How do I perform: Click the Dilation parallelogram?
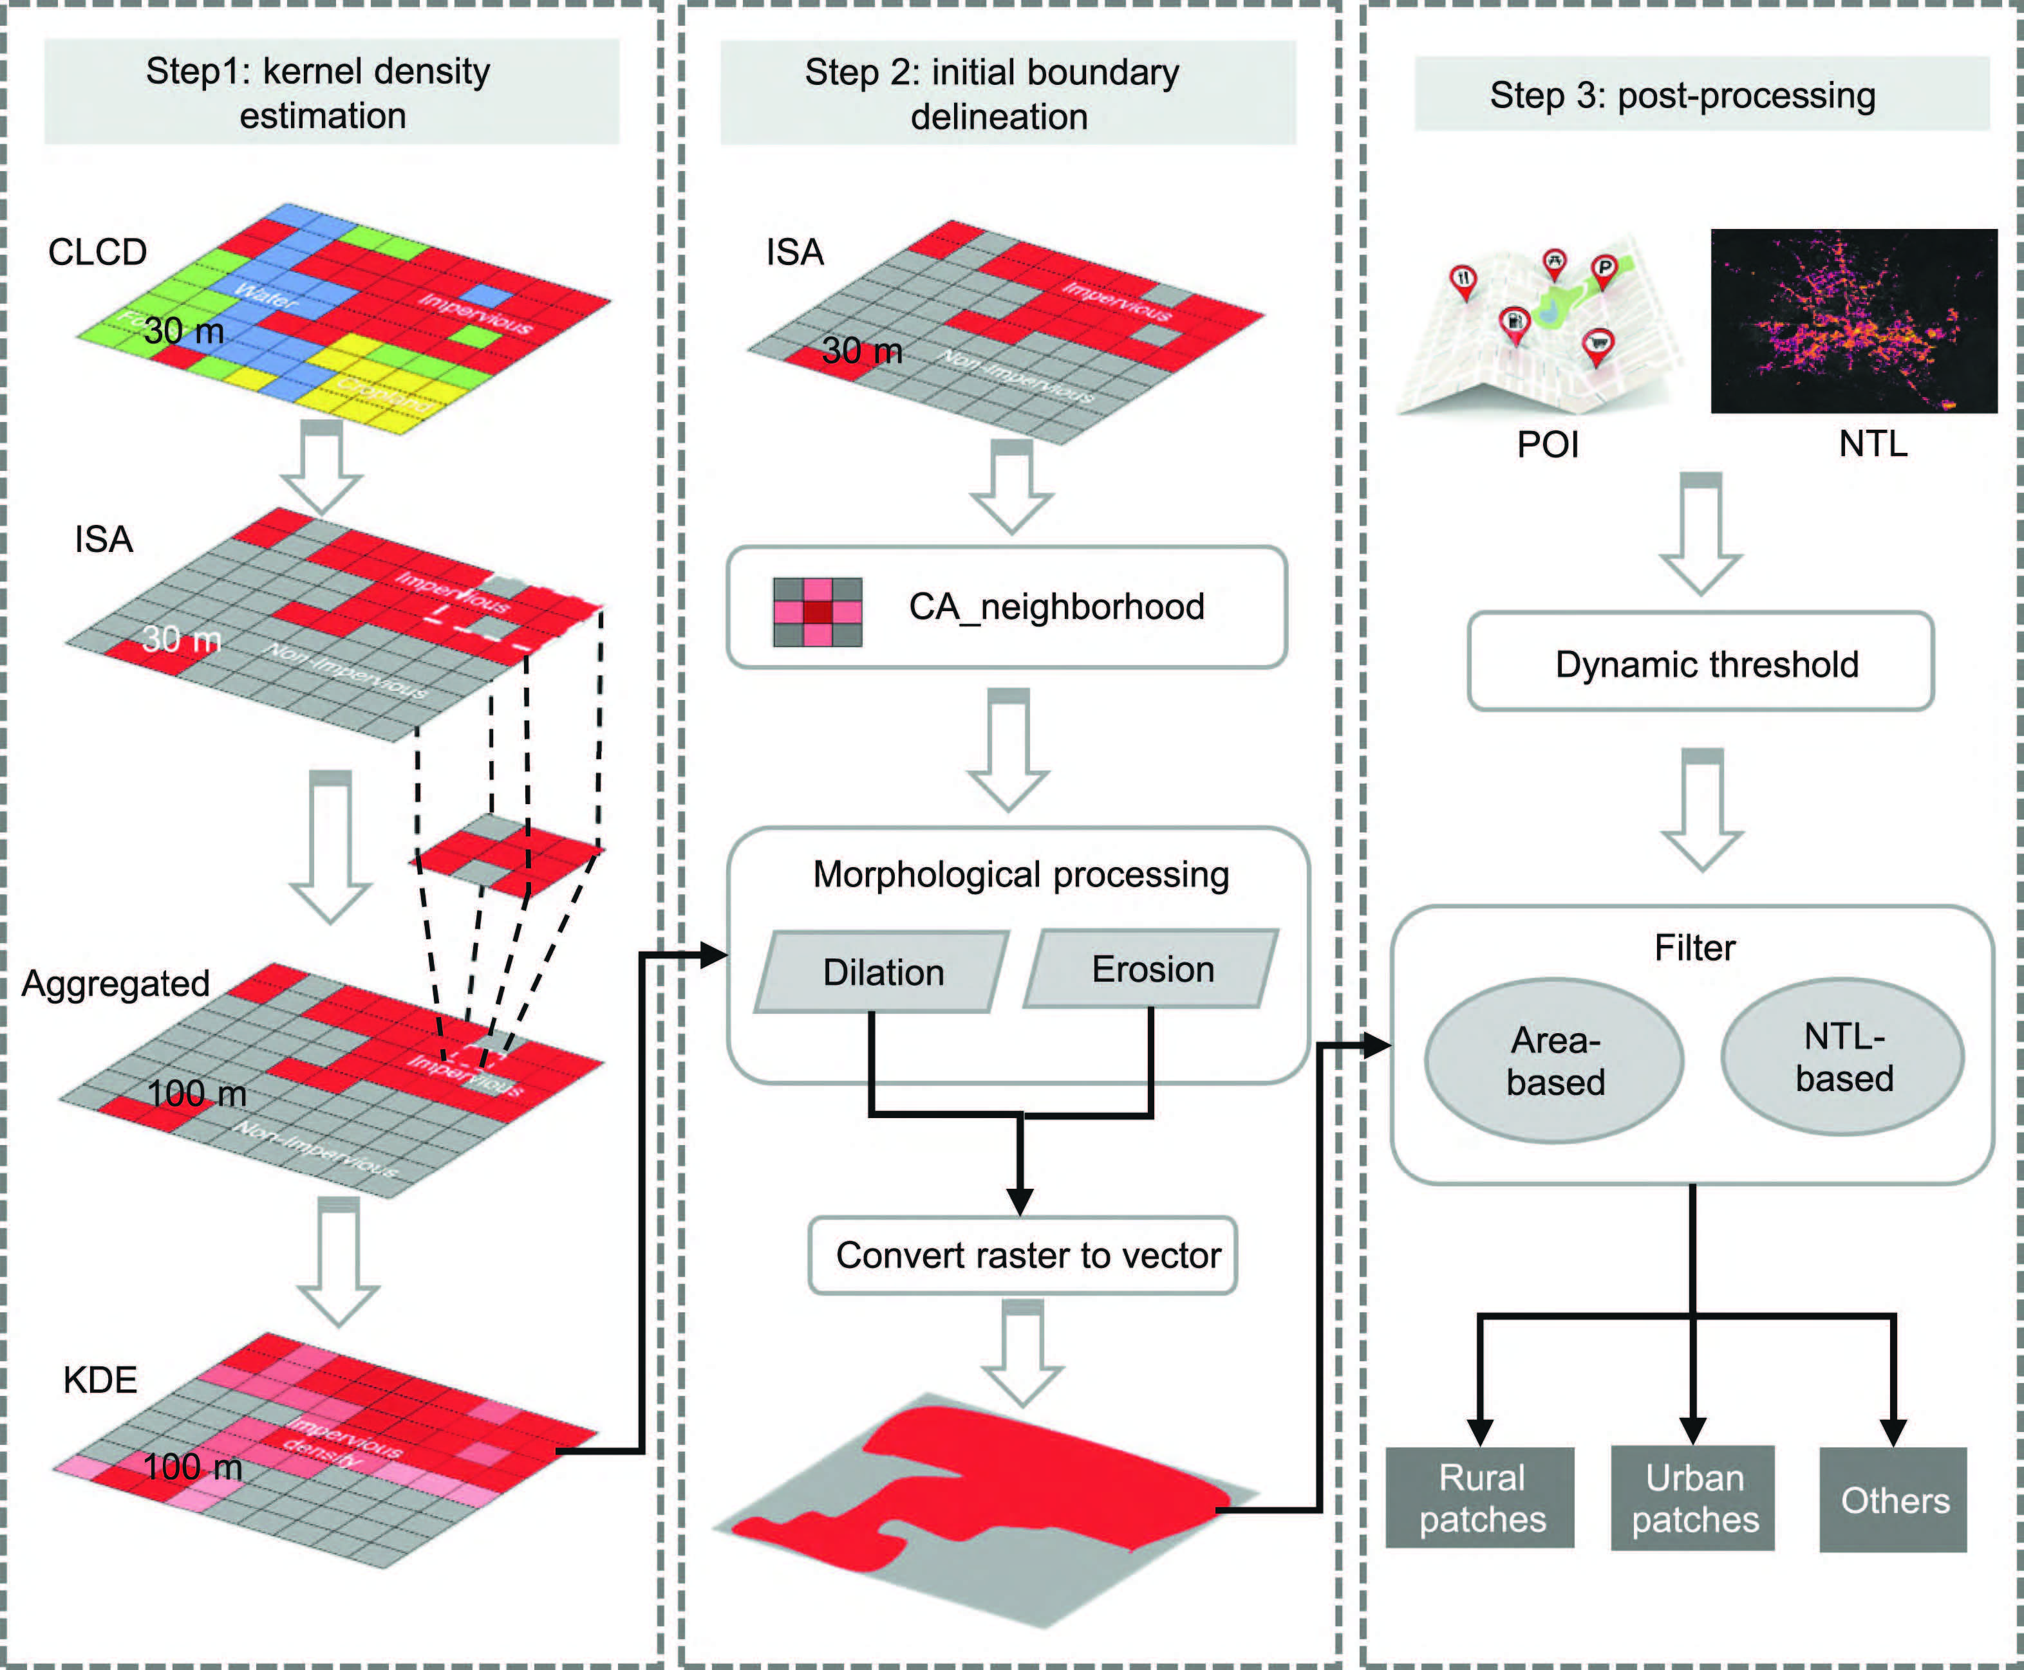click(x=883, y=971)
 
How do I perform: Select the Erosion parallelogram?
click(x=1152, y=969)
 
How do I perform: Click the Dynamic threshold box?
click(x=1701, y=664)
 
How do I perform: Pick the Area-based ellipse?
click(x=1554, y=1060)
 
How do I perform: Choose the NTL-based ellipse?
click(x=1842, y=1057)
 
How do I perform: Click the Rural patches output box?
click(x=1480, y=1498)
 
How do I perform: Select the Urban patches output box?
click(x=1693, y=1498)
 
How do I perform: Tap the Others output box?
click(x=1893, y=1500)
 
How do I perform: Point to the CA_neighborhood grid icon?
click(x=817, y=612)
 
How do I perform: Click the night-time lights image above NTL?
click(x=1853, y=320)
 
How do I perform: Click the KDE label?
click(x=100, y=1379)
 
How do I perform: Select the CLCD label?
click(x=97, y=252)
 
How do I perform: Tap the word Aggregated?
click(x=115, y=983)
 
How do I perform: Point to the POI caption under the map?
click(x=1548, y=445)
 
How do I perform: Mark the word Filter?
click(x=1694, y=948)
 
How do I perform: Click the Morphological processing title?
click(x=1020, y=874)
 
